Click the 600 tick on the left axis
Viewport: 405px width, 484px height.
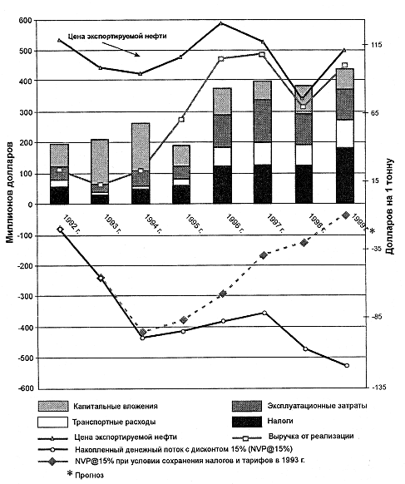(x=26, y=20)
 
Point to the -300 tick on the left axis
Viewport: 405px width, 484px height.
(x=24, y=296)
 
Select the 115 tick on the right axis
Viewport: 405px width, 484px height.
(x=376, y=45)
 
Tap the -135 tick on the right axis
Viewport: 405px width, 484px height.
(x=378, y=388)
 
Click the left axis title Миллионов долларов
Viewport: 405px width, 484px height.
(x=10, y=192)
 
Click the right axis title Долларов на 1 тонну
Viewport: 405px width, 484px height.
(x=390, y=206)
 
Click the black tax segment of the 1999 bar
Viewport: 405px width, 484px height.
(x=345, y=175)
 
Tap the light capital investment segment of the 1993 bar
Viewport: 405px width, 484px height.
(x=100, y=161)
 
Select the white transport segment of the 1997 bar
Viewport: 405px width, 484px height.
(x=263, y=153)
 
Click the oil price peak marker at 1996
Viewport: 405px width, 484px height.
(x=221, y=23)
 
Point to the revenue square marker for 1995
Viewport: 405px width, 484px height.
(x=181, y=120)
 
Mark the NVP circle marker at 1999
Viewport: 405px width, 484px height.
(x=347, y=365)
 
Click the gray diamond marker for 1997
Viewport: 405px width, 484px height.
(x=264, y=255)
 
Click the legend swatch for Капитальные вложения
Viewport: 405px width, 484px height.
(x=53, y=406)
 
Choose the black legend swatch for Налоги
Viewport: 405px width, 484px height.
(x=247, y=422)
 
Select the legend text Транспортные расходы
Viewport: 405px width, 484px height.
(x=114, y=422)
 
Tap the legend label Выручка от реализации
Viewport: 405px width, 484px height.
(x=311, y=437)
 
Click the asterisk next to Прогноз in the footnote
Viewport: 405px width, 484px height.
(x=70, y=473)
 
